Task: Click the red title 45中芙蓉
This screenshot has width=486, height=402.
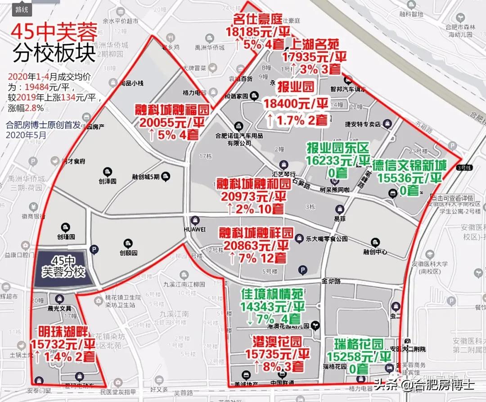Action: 54,32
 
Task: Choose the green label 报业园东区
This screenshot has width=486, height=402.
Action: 338,148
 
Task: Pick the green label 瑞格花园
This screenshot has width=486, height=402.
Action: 359,344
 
